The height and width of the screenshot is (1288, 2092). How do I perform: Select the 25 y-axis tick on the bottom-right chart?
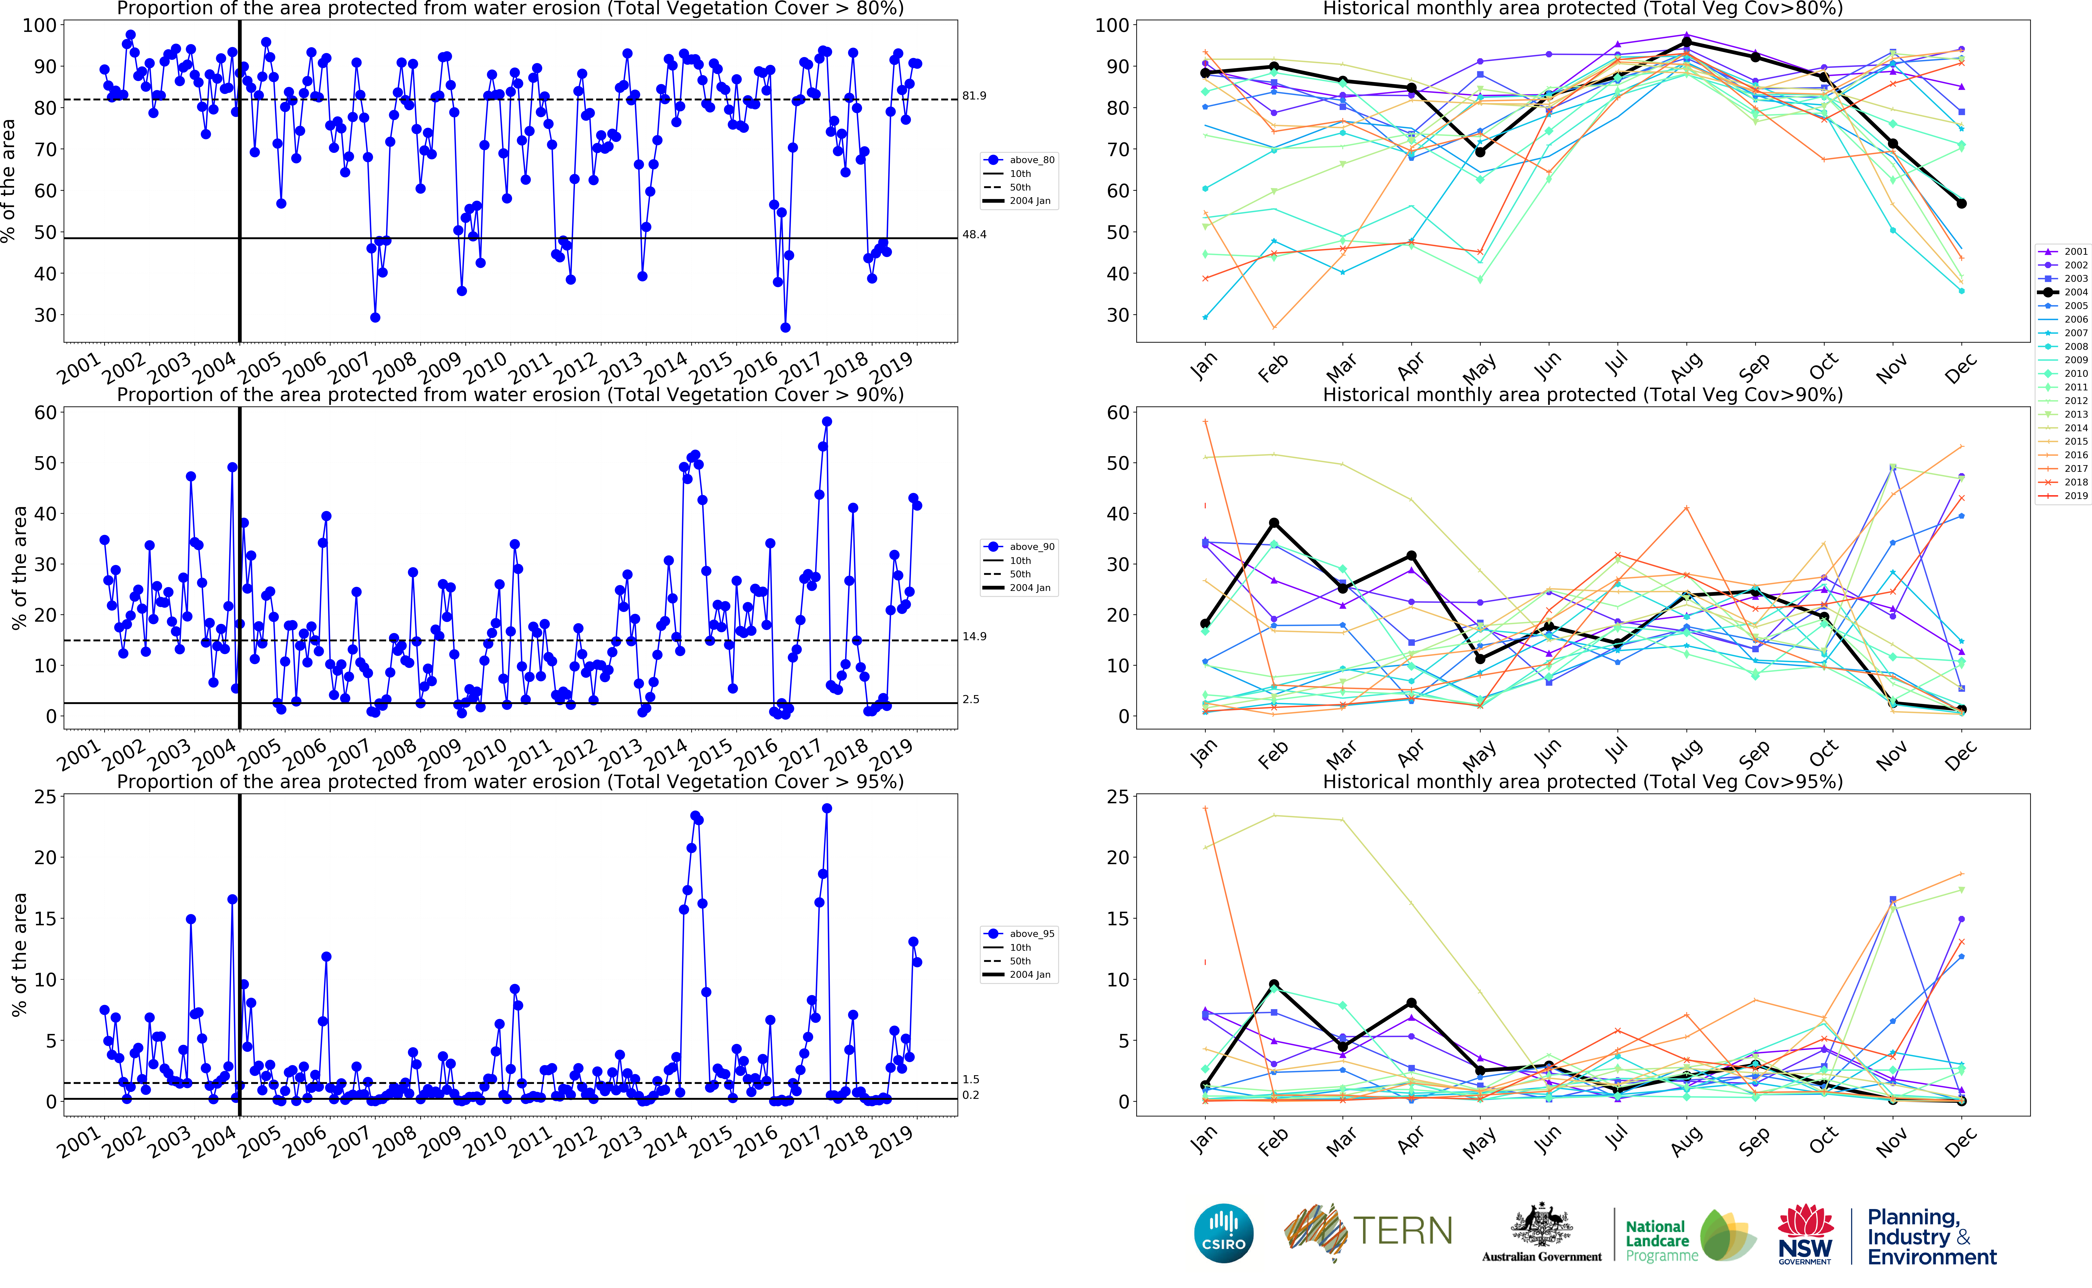[1117, 797]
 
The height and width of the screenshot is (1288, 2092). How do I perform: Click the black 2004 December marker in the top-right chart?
[1962, 204]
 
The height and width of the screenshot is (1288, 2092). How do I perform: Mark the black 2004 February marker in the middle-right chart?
[1274, 523]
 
